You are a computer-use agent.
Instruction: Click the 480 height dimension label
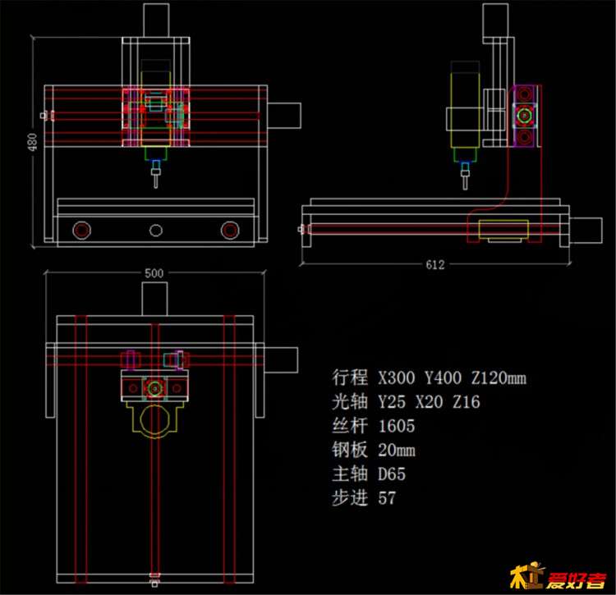pyautogui.click(x=32, y=142)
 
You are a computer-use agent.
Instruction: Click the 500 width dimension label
pyautogui.click(x=154, y=273)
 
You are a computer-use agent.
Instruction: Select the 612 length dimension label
pyautogui.click(x=435, y=265)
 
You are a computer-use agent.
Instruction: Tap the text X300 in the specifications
pyautogui.click(x=397, y=378)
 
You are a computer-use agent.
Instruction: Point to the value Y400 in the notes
pyautogui.click(x=443, y=378)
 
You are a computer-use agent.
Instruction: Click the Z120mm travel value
pyautogui.click(x=499, y=378)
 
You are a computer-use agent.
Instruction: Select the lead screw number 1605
pyautogui.click(x=397, y=426)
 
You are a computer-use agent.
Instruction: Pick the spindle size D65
pyautogui.click(x=392, y=474)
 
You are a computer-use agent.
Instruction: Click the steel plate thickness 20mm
pyautogui.click(x=397, y=450)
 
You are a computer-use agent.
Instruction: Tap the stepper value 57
pyautogui.click(x=387, y=497)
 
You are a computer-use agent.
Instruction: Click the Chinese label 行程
pyautogui.click(x=350, y=378)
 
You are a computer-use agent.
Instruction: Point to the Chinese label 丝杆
pyautogui.click(x=350, y=426)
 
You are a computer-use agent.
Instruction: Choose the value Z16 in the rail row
pyautogui.click(x=467, y=402)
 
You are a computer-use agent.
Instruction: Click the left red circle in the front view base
pyautogui.click(x=81, y=230)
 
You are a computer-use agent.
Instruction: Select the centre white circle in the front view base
pyautogui.click(x=156, y=231)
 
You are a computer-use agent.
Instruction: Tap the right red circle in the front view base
pyautogui.click(x=230, y=230)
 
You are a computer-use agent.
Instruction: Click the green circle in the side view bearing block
pyautogui.click(x=524, y=116)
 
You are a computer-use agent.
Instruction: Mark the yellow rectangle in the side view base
pyautogui.click(x=503, y=230)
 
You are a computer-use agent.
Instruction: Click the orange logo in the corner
pyautogui.click(x=558, y=576)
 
